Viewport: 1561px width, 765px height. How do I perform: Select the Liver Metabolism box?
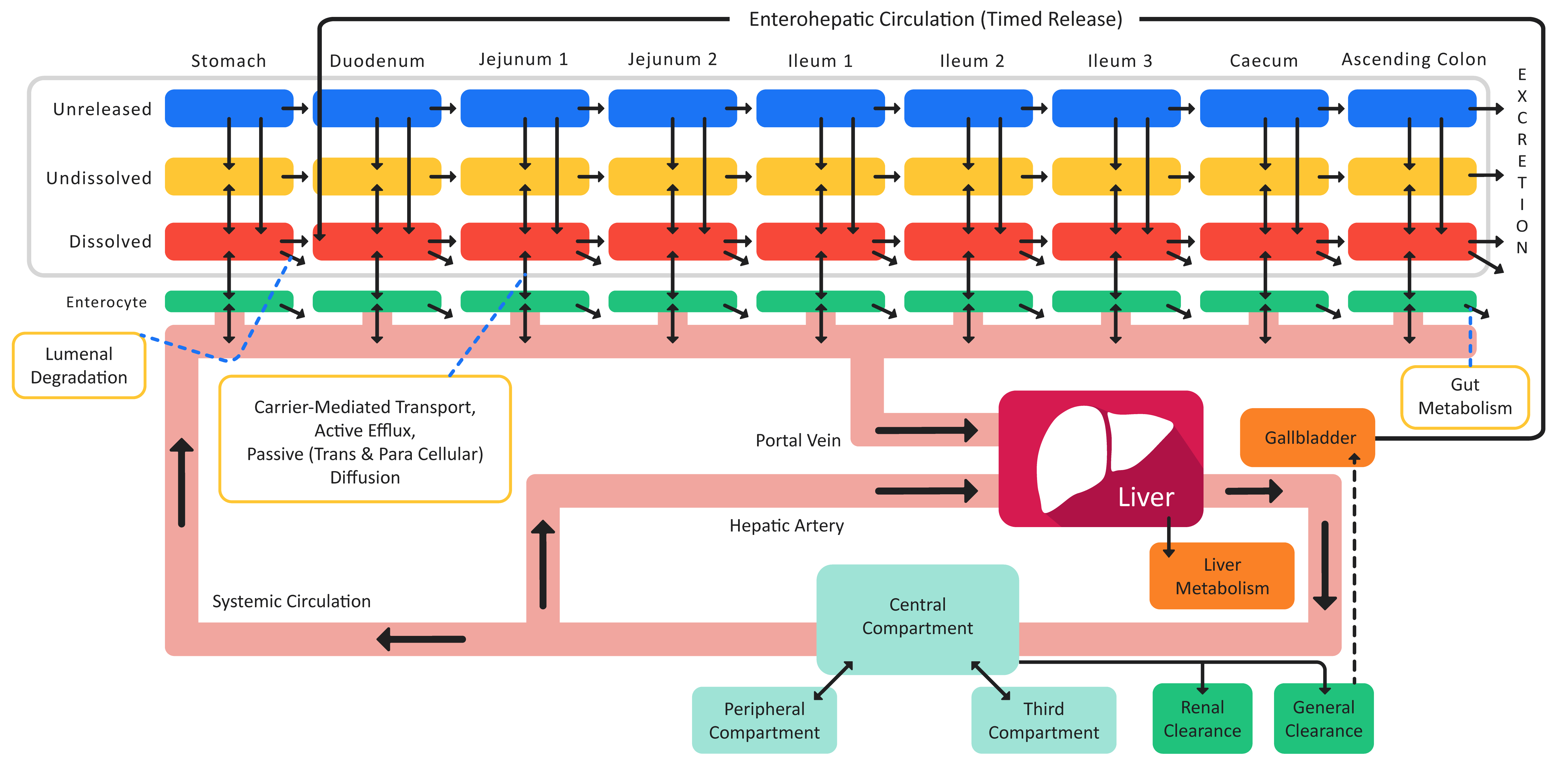click(1222, 576)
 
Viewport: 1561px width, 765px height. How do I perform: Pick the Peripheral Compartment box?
click(764, 720)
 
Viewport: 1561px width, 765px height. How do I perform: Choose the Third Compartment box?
click(1044, 720)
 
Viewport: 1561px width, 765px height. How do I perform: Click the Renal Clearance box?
click(1202, 719)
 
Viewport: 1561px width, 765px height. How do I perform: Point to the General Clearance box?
click(1323, 719)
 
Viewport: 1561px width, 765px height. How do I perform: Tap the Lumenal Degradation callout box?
click(79, 365)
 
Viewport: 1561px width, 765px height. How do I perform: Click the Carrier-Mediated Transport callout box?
click(365, 439)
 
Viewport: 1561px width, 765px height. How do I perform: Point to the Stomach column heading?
click(228, 61)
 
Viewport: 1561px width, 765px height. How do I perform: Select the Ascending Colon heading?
click(1414, 59)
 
